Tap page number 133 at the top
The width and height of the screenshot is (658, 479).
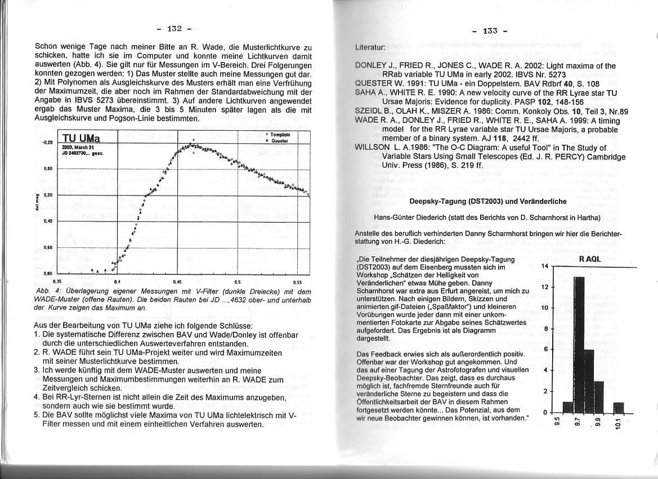tap(490, 30)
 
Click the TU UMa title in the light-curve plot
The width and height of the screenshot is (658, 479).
tap(81, 139)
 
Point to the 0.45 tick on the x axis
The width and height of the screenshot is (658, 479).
tap(178, 280)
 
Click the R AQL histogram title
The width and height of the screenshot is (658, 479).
tap(590, 259)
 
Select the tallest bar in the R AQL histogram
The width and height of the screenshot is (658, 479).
tap(579, 344)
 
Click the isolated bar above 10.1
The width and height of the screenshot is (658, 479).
tap(619, 407)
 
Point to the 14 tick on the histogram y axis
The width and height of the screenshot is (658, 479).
tap(544, 266)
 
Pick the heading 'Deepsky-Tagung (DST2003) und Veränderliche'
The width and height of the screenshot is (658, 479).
tap(480, 201)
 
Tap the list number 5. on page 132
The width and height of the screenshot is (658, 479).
tap(37, 415)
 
